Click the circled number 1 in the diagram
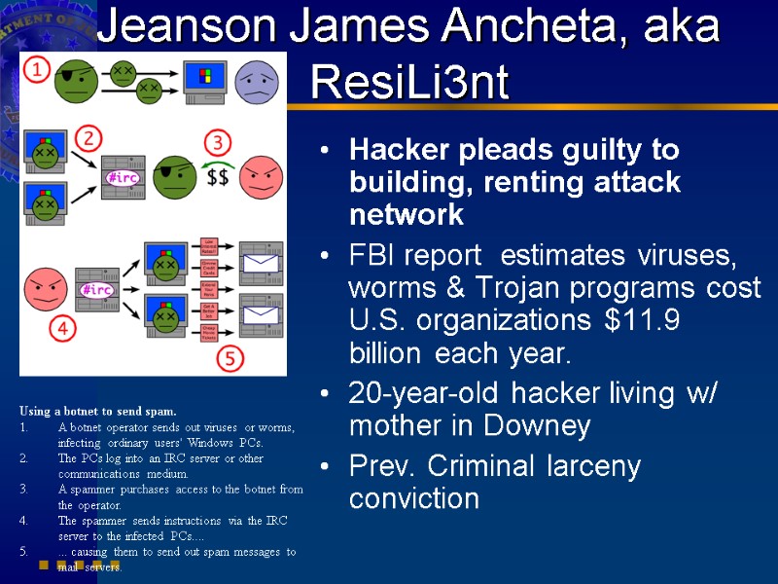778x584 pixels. (x=36, y=70)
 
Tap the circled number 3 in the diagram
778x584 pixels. (x=218, y=143)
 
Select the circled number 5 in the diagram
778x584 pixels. (x=230, y=358)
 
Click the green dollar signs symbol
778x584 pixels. (x=217, y=177)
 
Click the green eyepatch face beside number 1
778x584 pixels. (x=77, y=80)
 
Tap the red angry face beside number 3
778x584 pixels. (x=260, y=176)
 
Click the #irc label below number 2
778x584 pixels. (x=124, y=178)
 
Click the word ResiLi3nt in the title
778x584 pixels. (x=409, y=84)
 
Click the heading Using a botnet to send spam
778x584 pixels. (x=97, y=412)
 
